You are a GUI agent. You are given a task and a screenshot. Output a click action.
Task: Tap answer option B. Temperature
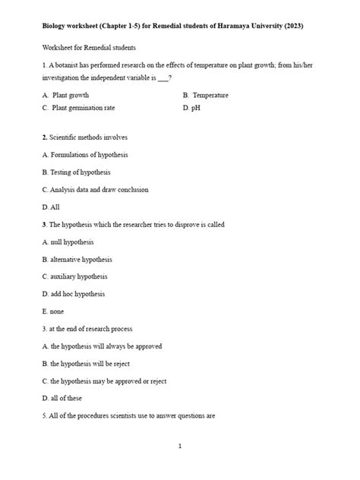[x=206, y=96]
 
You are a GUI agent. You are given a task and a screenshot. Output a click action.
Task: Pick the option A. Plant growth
[x=66, y=96]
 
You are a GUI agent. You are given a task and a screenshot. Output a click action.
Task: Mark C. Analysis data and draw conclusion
[x=95, y=190]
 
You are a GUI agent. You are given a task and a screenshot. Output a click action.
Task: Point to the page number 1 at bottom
[x=180, y=447]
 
